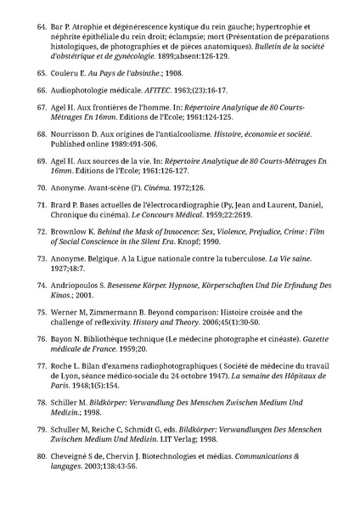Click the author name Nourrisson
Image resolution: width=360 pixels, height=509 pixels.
(81, 134)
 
